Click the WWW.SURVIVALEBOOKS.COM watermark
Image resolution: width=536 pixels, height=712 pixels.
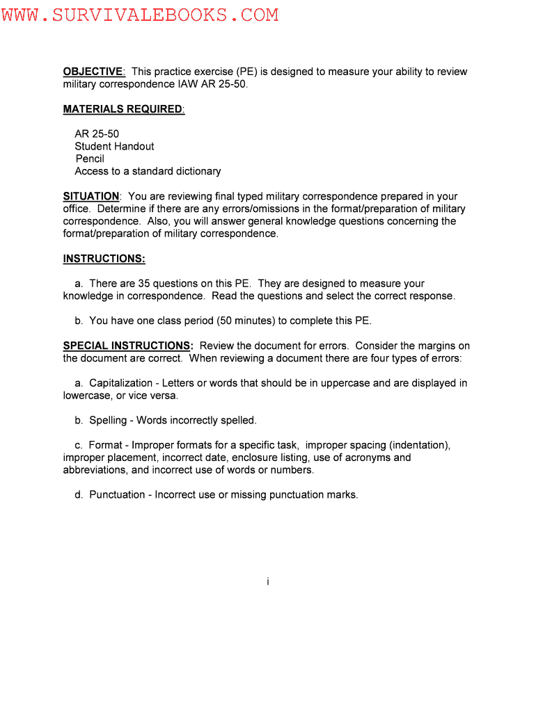coord(139,15)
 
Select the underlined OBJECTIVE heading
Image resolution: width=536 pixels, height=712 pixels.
coord(93,72)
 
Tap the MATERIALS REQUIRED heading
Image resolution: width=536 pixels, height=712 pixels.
coord(123,109)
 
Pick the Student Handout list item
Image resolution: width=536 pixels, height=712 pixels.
coord(114,146)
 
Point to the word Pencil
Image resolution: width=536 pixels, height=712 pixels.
coord(90,159)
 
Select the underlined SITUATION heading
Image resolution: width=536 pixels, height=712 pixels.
coord(91,197)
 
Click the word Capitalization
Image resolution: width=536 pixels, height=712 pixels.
coord(120,383)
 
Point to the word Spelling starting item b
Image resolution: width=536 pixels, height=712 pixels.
coord(108,421)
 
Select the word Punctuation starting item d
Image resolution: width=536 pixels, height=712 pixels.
coord(116,495)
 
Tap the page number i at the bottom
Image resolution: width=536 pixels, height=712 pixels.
coord(268,582)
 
